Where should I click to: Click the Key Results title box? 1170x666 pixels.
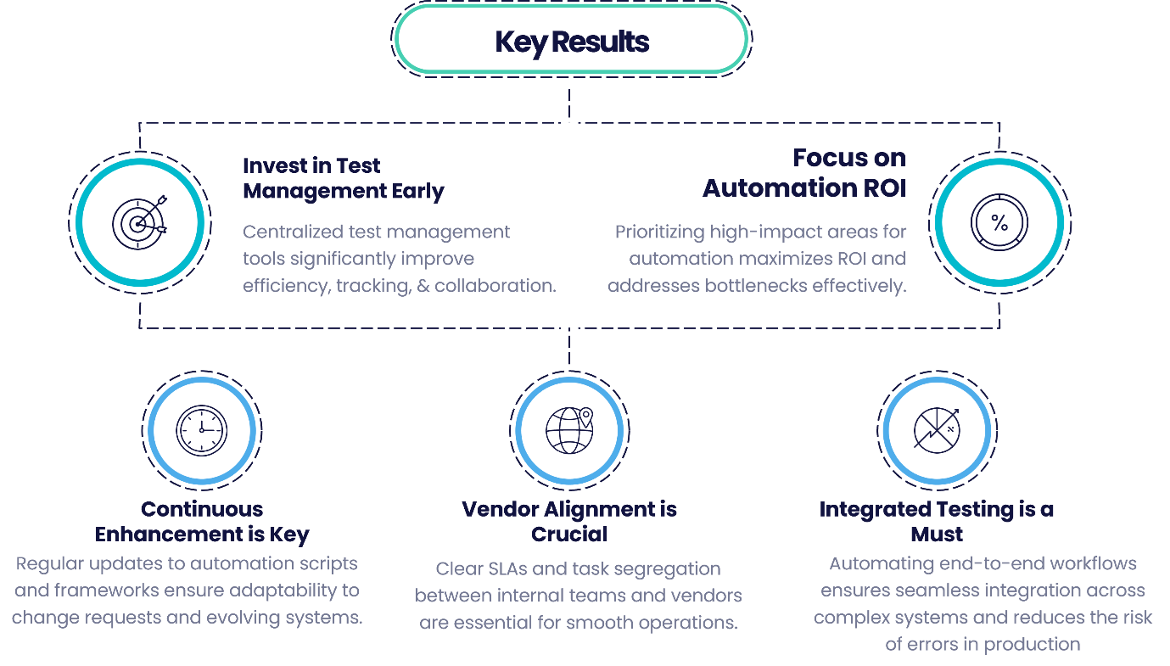(x=572, y=41)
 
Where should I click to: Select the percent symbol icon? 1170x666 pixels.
(x=1000, y=223)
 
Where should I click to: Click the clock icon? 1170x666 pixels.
(x=201, y=430)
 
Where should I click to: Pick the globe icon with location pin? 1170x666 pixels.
(x=569, y=430)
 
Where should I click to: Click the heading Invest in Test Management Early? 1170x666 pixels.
(x=343, y=178)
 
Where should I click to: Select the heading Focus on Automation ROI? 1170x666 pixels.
(x=804, y=172)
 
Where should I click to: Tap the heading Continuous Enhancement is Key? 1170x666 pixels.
(x=202, y=522)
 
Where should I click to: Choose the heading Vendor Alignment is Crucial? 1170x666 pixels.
(x=569, y=522)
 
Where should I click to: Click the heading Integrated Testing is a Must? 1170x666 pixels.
(x=937, y=522)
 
